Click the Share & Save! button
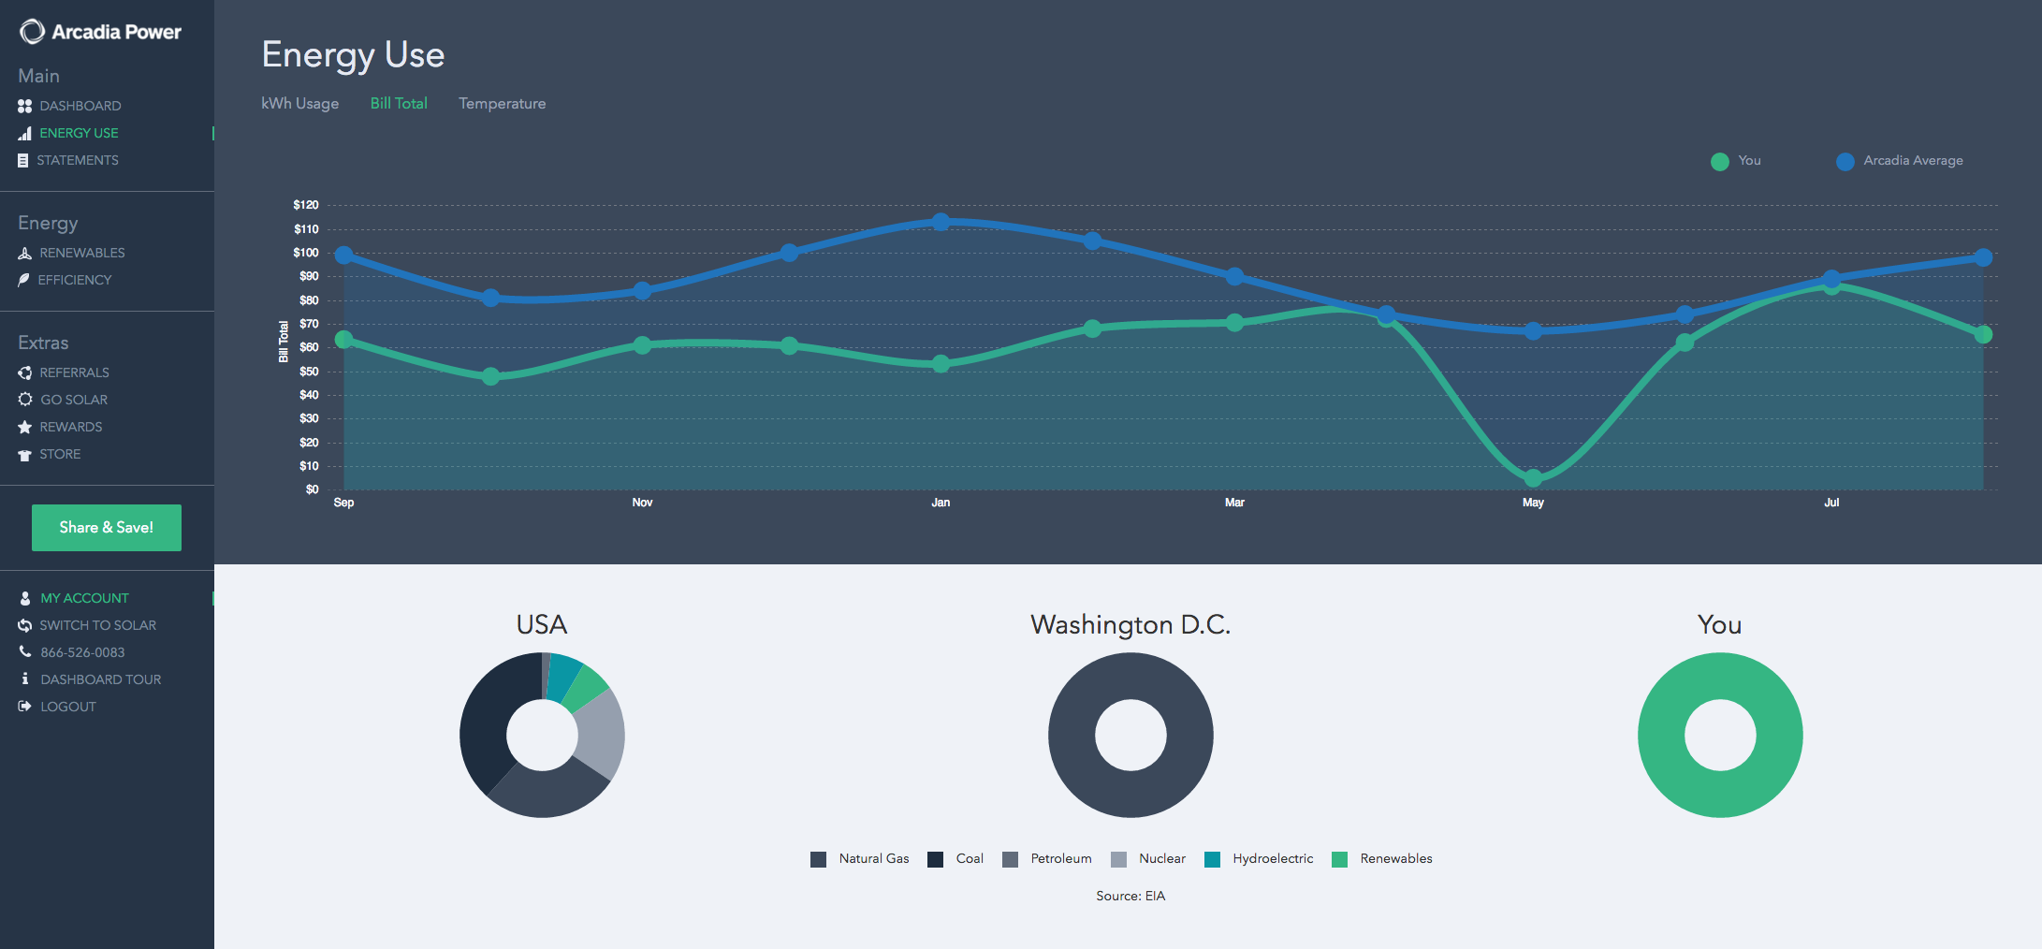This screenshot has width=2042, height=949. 107,528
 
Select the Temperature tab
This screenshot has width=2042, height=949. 502,104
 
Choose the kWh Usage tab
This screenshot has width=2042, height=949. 299,104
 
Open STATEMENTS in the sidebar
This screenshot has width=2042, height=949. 77,161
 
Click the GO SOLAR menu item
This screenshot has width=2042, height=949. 73,400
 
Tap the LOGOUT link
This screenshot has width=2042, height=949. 67,707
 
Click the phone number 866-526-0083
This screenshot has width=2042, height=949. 82,652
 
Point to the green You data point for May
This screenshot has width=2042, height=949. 1533,478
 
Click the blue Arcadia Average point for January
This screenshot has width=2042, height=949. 941,222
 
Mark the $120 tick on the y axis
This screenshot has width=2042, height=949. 306,205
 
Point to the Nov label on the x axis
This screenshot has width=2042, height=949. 642,503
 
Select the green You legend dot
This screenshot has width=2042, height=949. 1719,162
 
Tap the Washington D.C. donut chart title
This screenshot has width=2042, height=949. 1130,624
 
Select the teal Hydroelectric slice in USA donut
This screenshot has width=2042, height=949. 563,676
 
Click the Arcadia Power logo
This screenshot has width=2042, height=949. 101,32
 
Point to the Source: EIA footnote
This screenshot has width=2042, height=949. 1130,897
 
